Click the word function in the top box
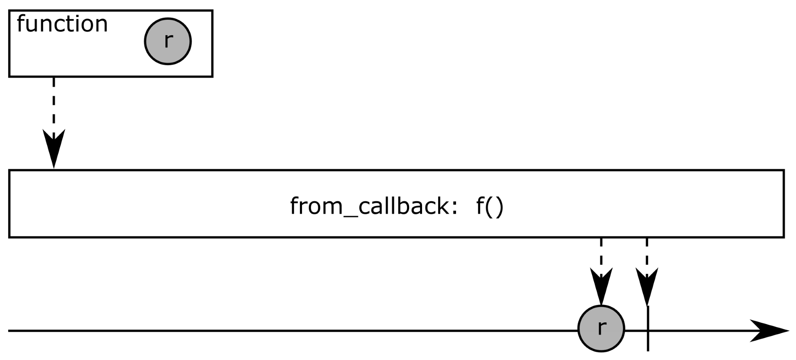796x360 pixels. click(62, 24)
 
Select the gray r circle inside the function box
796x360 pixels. click(168, 41)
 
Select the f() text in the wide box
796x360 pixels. click(490, 206)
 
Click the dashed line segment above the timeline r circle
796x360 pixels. click(601, 253)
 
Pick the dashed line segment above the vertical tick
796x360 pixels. click(647, 253)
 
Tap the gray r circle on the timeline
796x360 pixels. click(601, 328)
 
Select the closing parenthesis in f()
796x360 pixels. click(499, 206)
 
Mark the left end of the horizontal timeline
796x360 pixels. click(10, 331)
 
